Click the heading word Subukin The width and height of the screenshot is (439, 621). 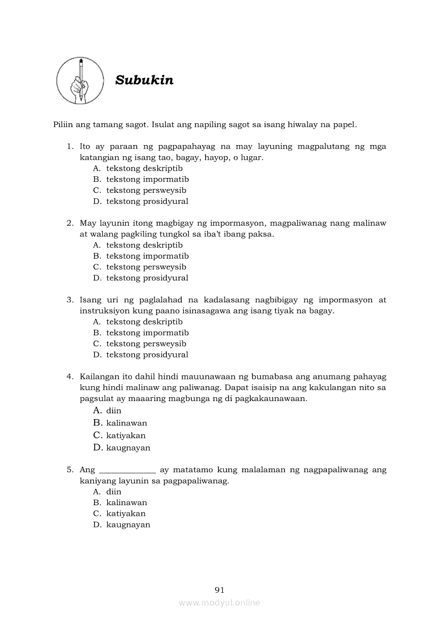coord(144,80)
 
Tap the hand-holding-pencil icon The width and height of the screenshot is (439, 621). coord(80,81)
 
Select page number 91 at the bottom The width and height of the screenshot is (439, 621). coord(219,590)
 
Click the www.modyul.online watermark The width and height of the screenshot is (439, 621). coord(219,603)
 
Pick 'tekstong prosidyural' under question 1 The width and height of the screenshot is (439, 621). coord(147,201)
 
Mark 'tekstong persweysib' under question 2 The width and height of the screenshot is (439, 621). coord(146,267)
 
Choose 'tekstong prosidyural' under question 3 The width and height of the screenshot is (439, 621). coord(147,355)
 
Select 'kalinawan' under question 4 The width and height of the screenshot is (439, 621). coord(126,423)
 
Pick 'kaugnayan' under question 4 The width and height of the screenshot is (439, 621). coord(128,448)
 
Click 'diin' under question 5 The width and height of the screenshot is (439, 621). coord(114,492)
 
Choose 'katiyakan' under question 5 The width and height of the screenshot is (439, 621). coord(125,514)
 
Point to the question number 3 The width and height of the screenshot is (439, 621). coord(69,300)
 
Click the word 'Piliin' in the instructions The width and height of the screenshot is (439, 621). coord(64,125)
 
